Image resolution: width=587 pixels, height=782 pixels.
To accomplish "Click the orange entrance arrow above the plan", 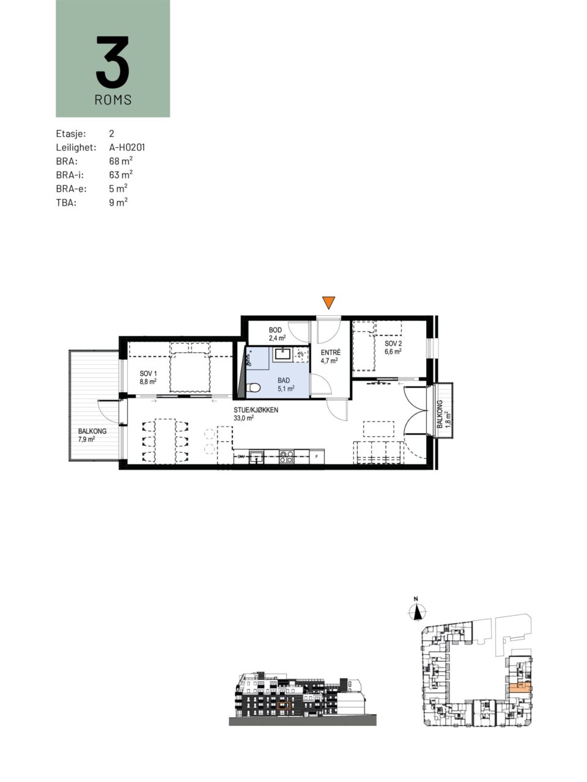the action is tap(328, 302).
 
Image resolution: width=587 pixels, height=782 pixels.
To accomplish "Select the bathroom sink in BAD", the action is tap(282, 354).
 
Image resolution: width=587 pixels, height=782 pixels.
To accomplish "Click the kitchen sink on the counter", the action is tap(256, 456).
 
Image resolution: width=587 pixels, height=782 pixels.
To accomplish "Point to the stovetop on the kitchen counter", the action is tap(287, 456).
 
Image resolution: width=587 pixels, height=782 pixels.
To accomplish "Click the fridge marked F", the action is tap(317, 457).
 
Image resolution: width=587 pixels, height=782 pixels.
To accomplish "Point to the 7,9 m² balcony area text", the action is tap(87, 439).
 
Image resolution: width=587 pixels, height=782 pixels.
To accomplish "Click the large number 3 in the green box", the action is tap(113, 62).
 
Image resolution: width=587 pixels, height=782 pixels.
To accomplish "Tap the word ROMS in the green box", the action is tap(113, 100).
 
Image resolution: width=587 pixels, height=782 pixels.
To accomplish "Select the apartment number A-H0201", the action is tap(127, 147).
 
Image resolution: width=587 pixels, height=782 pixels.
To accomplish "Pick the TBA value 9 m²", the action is tap(119, 202).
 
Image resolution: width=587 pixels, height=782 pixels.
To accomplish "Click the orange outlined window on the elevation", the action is tap(284, 706).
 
